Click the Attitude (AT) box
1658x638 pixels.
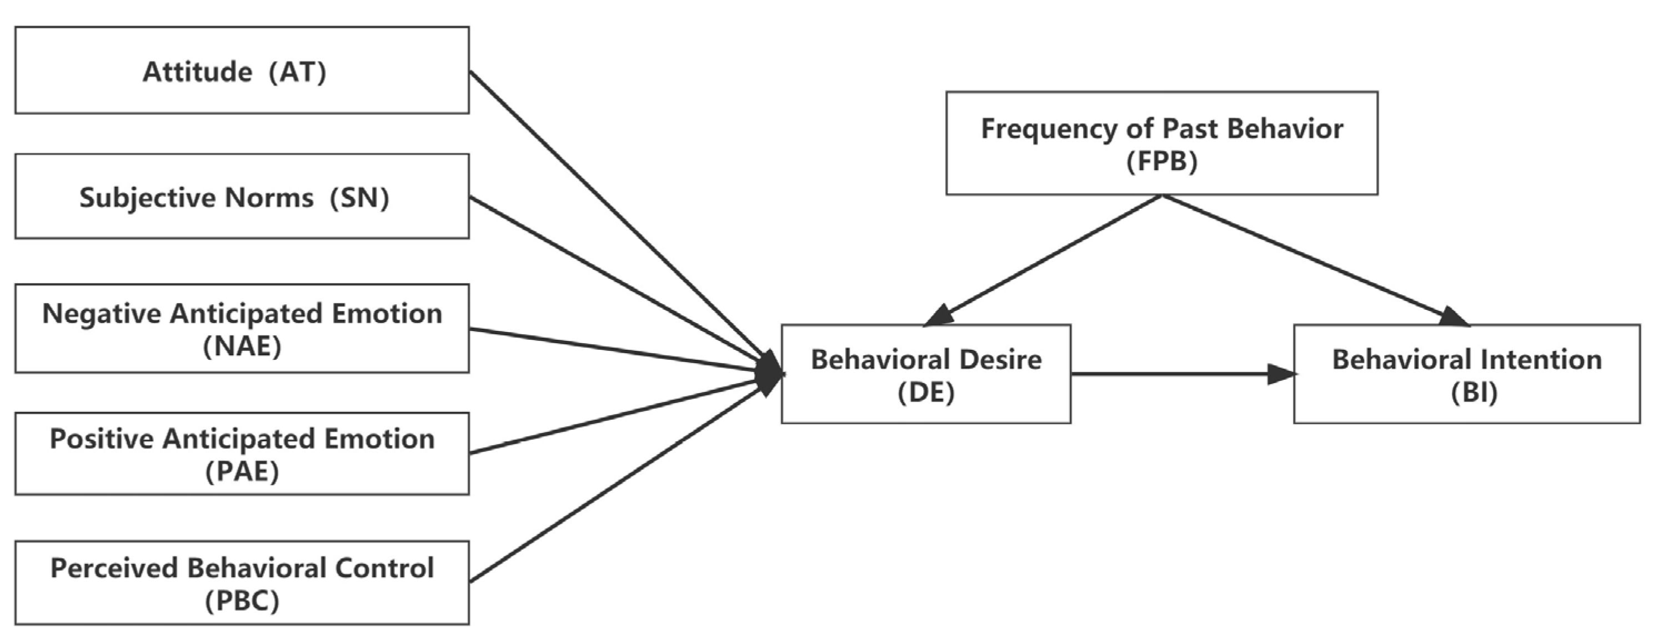tap(242, 71)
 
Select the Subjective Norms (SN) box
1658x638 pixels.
tap(242, 197)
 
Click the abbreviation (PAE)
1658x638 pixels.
tap(242, 472)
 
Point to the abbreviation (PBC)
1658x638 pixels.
tap(242, 601)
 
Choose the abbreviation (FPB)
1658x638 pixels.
tap(1162, 161)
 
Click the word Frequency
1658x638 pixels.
tap(1049, 129)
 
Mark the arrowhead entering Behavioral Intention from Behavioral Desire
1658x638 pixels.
tap(1281, 374)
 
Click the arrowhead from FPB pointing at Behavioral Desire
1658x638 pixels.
tap(940, 315)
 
